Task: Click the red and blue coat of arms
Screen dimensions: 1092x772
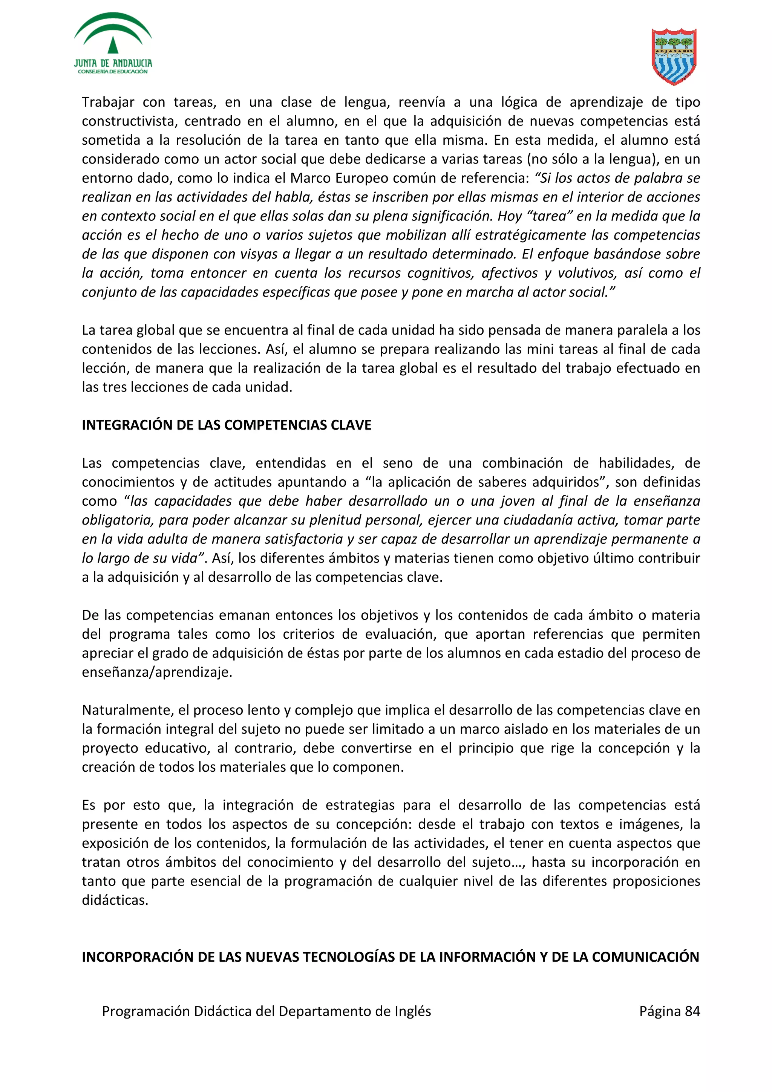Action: click(674, 56)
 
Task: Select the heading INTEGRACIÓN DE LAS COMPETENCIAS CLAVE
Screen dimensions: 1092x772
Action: click(227, 425)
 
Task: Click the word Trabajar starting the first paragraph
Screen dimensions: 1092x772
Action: click(108, 102)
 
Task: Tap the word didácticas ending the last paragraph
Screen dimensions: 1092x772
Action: click(115, 900)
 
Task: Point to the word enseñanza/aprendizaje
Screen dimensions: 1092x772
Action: click(157, 672)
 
